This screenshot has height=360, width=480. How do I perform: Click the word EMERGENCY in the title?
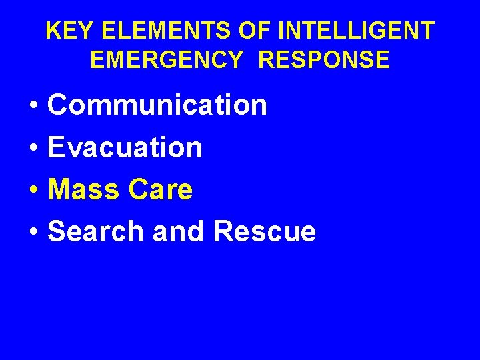click(167, 60)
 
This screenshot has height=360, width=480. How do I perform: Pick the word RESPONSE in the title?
click(324, 60)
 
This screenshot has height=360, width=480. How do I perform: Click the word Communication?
click(158, 105)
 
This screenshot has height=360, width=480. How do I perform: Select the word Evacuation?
click(125, 147)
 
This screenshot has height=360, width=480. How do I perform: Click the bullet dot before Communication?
click(33, 106)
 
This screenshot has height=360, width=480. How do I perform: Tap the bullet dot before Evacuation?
click(33, 149)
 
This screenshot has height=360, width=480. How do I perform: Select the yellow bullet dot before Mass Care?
click(33, 191)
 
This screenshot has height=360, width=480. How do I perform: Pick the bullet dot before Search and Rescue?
click(33, 233)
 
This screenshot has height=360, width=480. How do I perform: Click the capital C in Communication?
click(59, 105)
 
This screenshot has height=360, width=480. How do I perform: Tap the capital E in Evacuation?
click(57, 147)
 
